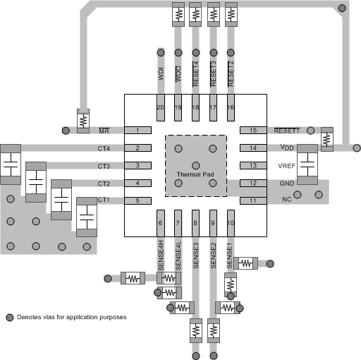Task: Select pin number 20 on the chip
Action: click(160, 107)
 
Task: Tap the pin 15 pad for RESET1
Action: click(252, 131)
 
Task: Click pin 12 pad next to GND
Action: click(252, 184)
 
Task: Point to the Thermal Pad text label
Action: click(196, 174)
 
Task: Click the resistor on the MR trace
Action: click(83, 121)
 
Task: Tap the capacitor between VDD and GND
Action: click(308, 166)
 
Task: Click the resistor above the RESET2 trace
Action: click(231, 14)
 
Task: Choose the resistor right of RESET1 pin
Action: click(326, 139)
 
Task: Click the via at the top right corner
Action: click(343, 8)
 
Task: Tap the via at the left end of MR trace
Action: click(65, 131)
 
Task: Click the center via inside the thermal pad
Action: click(196, 164)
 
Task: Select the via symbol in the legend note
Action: click(10, 317)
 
